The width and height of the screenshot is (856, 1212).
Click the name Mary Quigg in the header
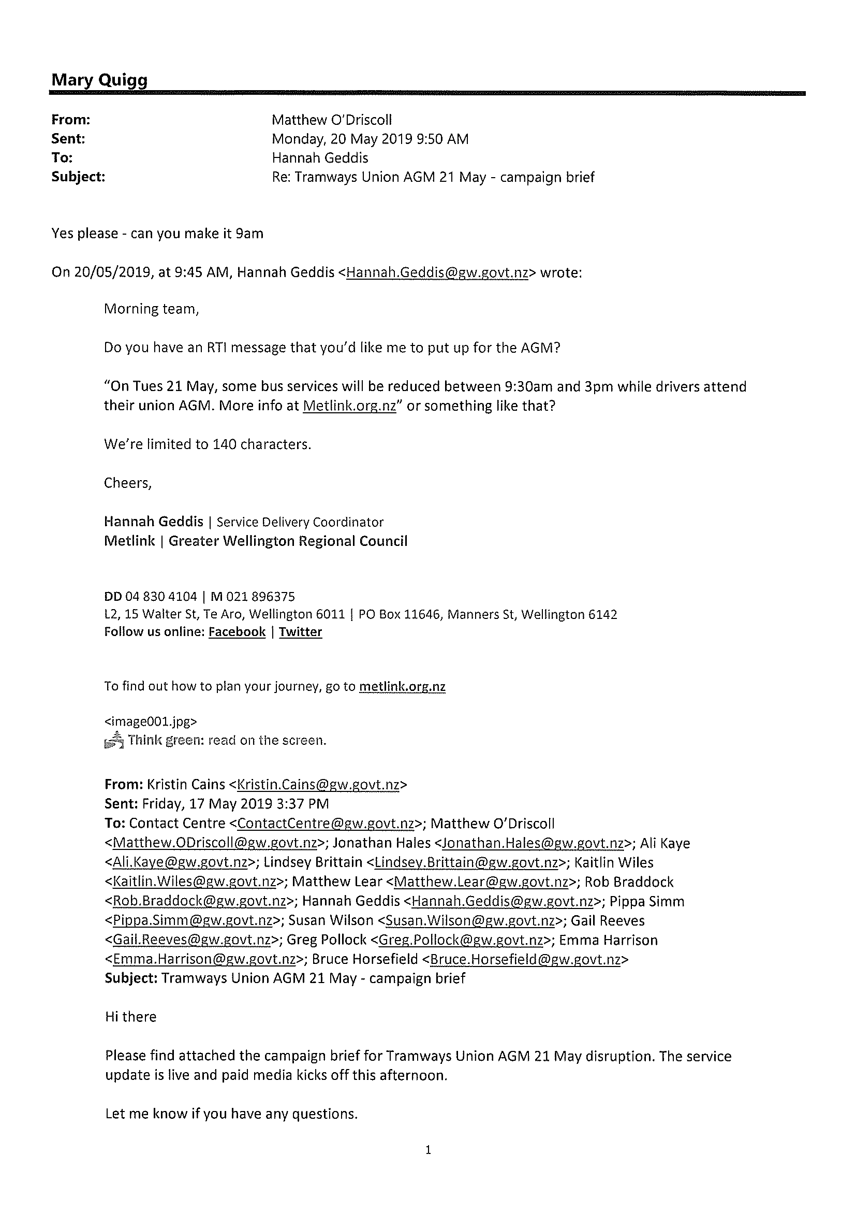pos(99,80)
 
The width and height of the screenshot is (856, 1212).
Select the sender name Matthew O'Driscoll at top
pos(331,120)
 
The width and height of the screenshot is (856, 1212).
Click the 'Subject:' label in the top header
pos(78,177)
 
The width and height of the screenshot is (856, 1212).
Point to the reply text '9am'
pos(249,233)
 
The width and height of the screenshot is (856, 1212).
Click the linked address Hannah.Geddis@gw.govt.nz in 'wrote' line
pos(437,272)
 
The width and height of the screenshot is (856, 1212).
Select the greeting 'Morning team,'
pos(151,309)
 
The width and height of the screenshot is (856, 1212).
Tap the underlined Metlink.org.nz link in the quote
pos(349,406)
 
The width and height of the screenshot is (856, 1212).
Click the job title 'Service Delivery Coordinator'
pos(300,522)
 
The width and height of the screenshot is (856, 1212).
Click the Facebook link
pos(237,632)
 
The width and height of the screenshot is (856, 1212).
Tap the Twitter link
pos(300,632)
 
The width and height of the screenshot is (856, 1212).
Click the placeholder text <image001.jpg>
pos(151,721)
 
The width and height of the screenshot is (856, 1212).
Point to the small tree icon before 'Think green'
pos(114,741)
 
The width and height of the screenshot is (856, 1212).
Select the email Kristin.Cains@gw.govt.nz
pos(318,784)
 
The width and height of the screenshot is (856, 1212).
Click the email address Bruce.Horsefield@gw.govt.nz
pos(525,959)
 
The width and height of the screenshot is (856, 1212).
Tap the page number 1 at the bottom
pos(427,1150)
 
